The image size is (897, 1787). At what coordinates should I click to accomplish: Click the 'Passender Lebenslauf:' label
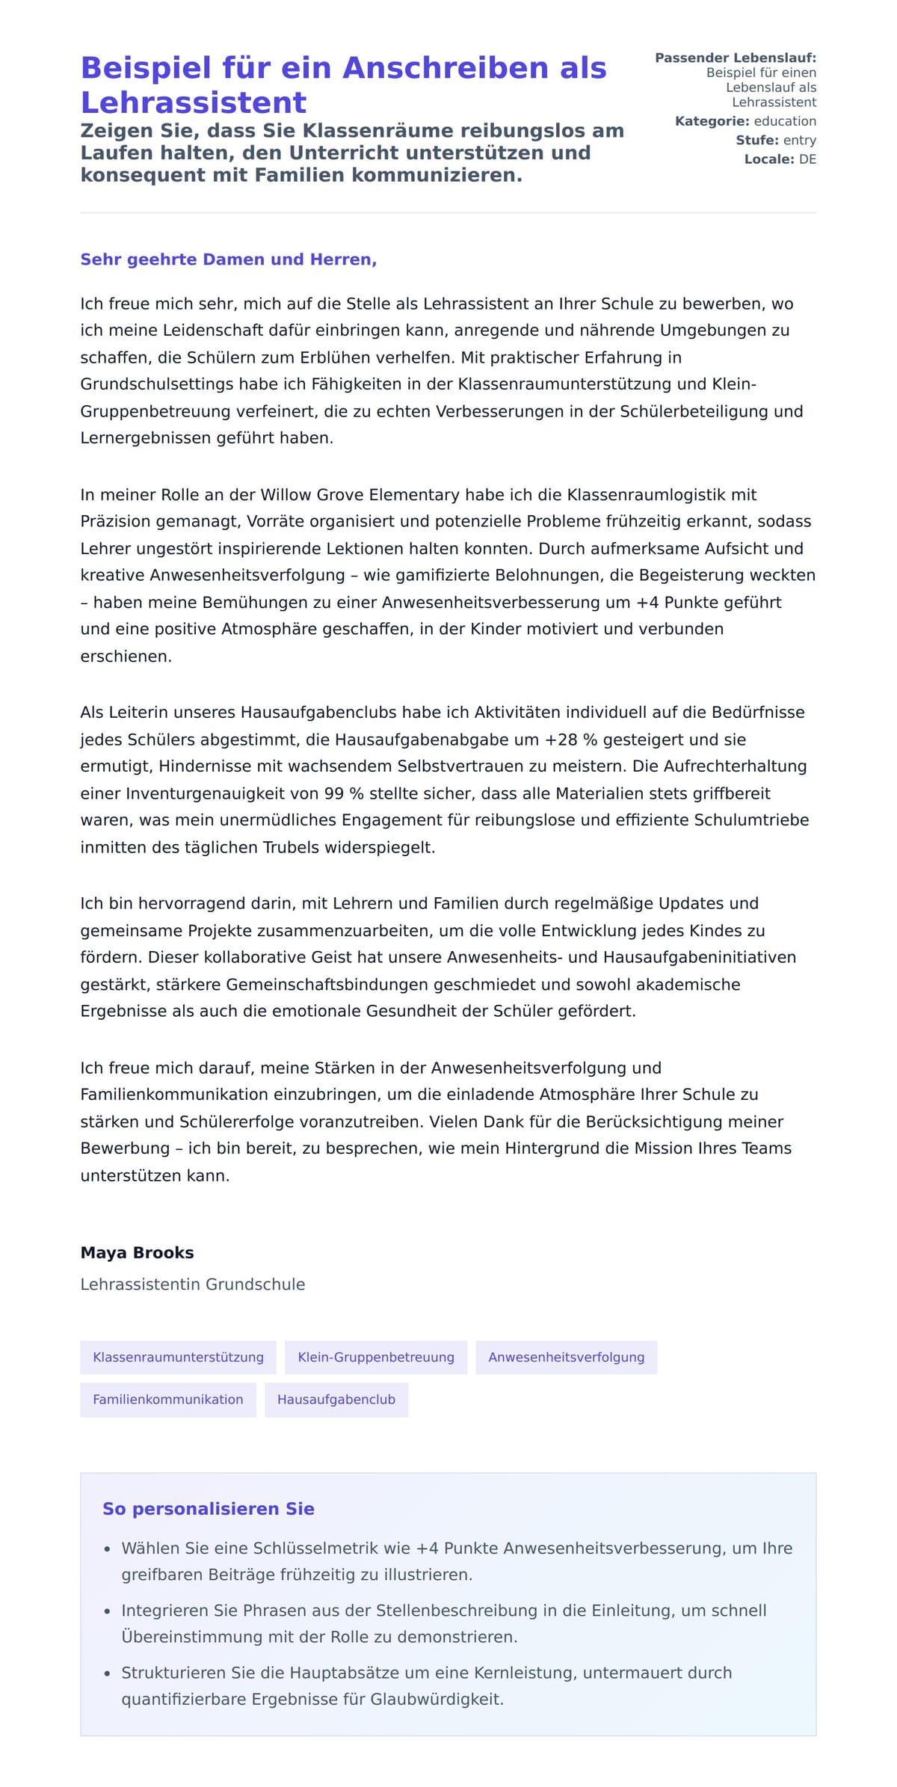pyautogui.click(x=735, y=58)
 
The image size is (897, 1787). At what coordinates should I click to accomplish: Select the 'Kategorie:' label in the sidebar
pyautogui.click(x=712, y=121)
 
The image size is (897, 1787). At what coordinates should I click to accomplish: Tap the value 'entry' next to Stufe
pyautogui.click(x=799, y=140)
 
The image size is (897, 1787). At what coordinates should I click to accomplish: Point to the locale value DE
pyautogui.click(x=807, y=159)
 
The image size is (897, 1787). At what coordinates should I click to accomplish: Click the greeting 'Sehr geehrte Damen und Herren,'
pyautogui.click(x=228, y=259)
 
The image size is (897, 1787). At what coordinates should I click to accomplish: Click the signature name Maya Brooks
pyautogui.click(x=137, y=1252)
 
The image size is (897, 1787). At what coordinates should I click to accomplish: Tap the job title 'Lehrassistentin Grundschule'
pyautogui.click(x=192, y=1284)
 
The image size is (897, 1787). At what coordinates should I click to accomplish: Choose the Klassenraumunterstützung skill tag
pyautogui.click(x=178, y=1357)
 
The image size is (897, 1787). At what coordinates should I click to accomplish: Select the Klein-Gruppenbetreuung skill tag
pyautogui.click(x=375, y=1357)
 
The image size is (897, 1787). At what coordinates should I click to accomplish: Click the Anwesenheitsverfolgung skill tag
pyautogui.click(x=566, y=1357)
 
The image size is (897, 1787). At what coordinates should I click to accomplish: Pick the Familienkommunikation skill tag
pyautogui.click(x=167, y=1399)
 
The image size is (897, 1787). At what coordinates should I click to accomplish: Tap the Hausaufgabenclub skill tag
pyautogui.click(x=336, y=1399)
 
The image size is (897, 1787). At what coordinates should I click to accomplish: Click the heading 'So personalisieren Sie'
pyautogui.click(x=208, y=1509)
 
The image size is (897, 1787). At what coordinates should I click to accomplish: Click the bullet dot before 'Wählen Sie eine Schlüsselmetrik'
pyautogui.click(x=108, y=1549)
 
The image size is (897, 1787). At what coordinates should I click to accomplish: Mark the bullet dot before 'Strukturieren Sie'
pyautogui.click(x=108, y=1674)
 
